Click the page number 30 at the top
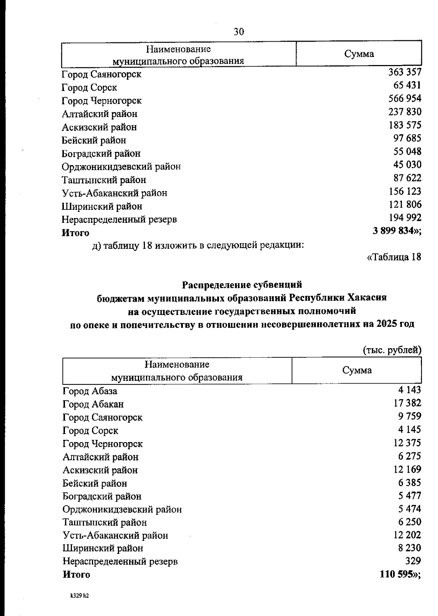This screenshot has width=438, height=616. point(239,32)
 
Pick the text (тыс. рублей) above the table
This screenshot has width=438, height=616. point(392,350)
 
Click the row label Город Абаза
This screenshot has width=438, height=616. point(90,391)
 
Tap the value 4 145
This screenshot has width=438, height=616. point(410,430)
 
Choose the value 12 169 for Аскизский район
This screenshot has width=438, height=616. point(407,469)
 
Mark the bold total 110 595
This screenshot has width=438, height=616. point(398,574)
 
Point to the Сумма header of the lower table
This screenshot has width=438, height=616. point(357,370)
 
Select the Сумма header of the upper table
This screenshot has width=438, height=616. point(359,54)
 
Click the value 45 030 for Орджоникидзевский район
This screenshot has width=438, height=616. point(407,165)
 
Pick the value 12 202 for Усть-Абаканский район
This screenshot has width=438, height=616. point(407,535)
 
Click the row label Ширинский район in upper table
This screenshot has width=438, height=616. point(102,206)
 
